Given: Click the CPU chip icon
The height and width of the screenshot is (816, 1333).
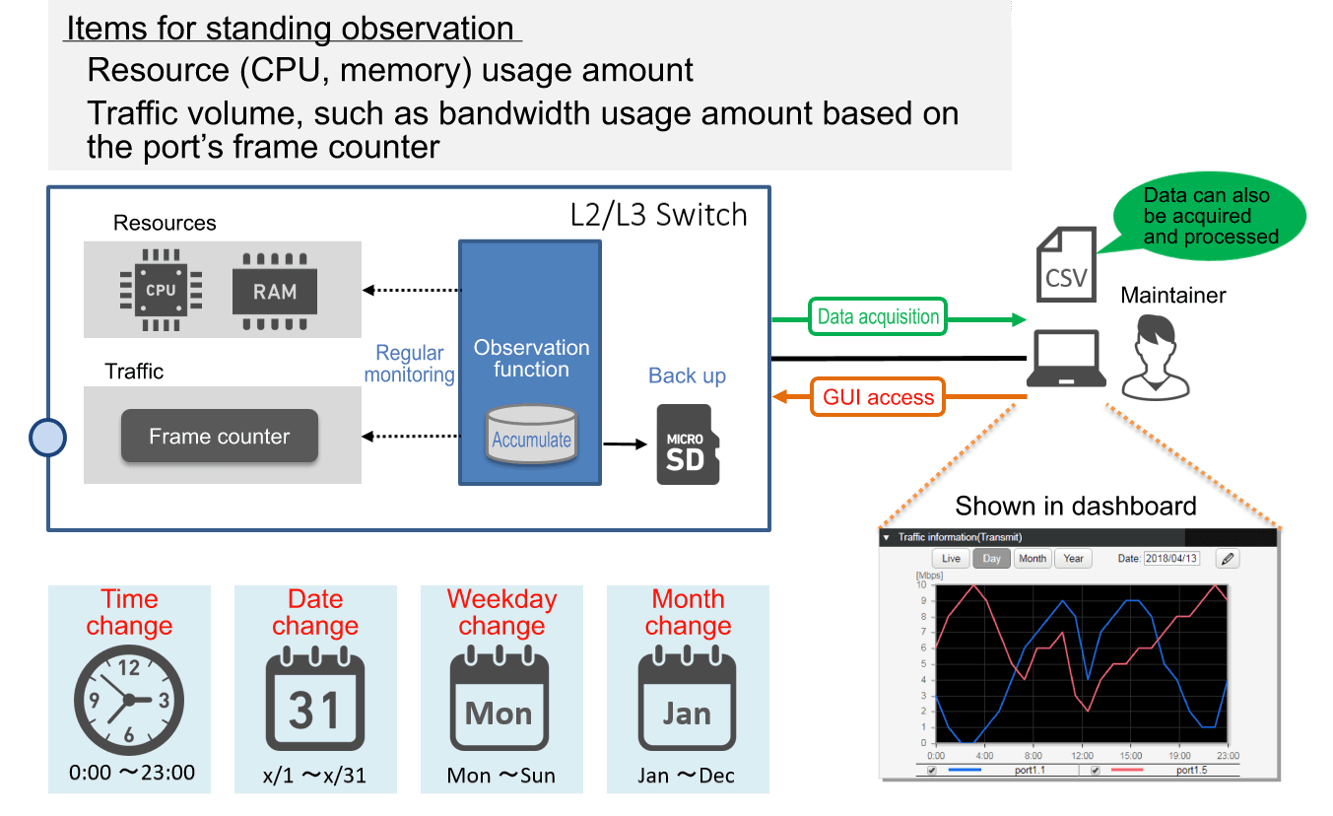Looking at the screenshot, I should pyautogui.click(x=161, y=290).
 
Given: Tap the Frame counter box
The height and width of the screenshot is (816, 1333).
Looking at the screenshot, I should pyautogui.click(x=219, y=437).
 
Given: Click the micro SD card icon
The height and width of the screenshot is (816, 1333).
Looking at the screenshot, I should pyautogui.click(x=688, y=444).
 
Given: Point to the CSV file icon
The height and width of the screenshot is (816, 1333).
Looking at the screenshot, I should pyautogui.click(x=1065, y=262).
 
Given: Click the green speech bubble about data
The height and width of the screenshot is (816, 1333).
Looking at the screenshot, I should pyautogui.click(x=1209, y=216).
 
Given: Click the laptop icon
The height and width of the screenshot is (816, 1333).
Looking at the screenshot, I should pyautogui.click(x=1065, y=359).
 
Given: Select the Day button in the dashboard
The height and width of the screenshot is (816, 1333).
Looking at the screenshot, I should pyautogui.click(x=991, y=559).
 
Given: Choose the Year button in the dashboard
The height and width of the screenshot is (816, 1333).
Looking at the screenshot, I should pyautogui.click(x=1073, y=559).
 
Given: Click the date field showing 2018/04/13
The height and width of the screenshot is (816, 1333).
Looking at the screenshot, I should pyautogui.click(x=1171, y=559).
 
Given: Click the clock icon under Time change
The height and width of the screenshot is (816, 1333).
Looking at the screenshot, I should pyautogui.click(x=128, y=701).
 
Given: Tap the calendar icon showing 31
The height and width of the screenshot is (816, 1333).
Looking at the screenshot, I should pyautogui.click(x=315, y=701).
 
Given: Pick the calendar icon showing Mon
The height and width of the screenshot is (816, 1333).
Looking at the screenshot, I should pyautogui.click(x=500, y=701).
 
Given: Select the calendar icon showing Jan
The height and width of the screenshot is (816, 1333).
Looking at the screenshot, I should pyautogui.click(x=687, y=701).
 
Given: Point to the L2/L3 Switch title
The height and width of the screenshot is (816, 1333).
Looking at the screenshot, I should pyautogui.click(x=658, y=215).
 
